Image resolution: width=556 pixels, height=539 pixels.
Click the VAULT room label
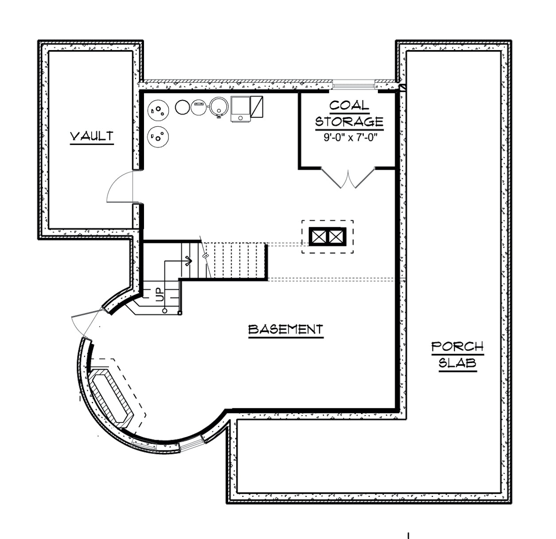point(92,136)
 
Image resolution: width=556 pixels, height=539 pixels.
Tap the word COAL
point(349,105)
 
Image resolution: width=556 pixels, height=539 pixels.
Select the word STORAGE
point(349,121)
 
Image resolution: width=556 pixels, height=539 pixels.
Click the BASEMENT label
point(286,329)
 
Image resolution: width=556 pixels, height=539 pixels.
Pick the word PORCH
point(458,347)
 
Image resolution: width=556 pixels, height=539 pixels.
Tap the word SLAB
point(458,363)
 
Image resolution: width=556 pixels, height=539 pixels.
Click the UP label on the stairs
point(160,295)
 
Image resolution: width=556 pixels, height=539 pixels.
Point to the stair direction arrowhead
point(189,261)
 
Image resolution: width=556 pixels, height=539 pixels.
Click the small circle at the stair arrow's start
point(164,311)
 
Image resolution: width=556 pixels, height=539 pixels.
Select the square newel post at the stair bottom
point(180,313)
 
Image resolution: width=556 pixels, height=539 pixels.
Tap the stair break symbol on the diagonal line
point(205,256)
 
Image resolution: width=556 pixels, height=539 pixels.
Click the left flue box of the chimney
point(319,237)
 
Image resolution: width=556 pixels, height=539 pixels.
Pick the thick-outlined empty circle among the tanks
point(182,107)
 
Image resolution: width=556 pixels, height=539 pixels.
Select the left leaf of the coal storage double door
point(331,178)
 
